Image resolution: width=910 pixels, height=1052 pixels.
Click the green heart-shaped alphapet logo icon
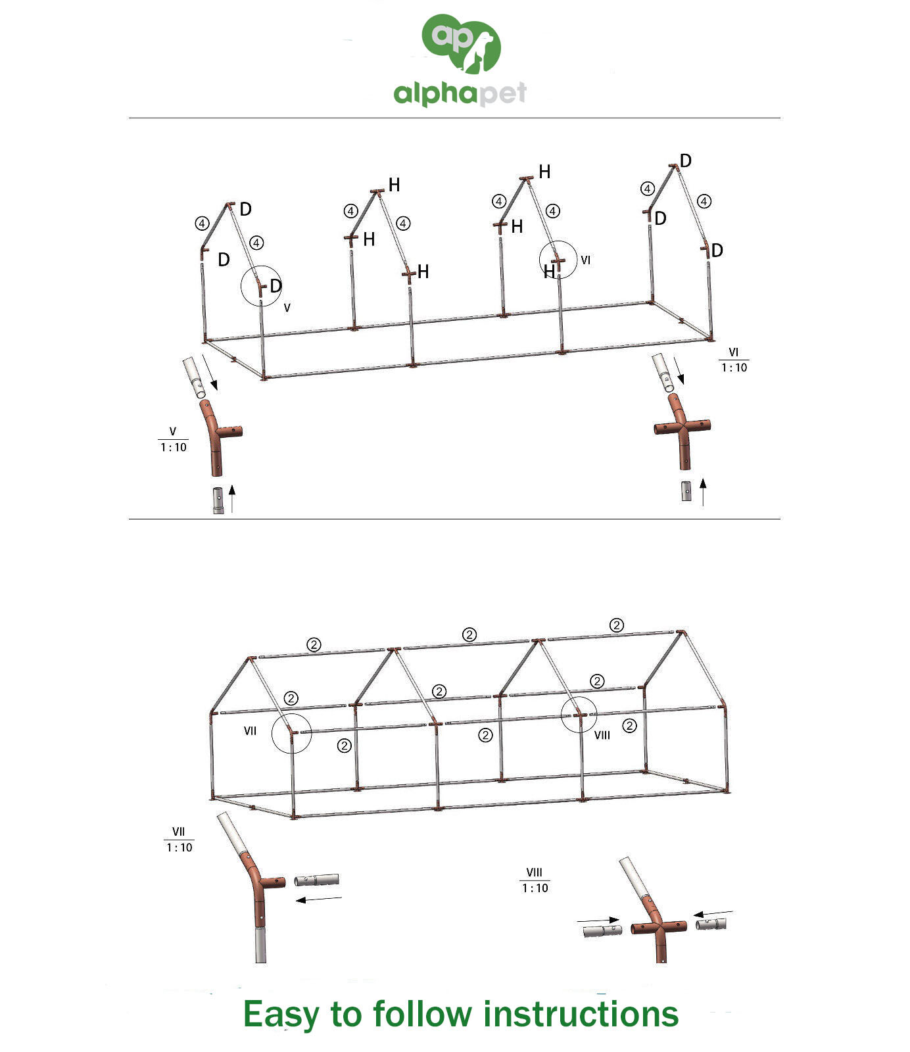pos(462,43)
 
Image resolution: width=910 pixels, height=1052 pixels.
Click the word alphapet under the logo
pos(460,93)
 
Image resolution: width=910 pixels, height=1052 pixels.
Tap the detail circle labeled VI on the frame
pos(540,260)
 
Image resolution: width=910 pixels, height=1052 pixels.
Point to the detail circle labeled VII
pos(272,733)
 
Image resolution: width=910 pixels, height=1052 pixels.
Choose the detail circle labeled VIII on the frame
pos(562,714)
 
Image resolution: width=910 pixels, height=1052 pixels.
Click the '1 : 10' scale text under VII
pos(180,848)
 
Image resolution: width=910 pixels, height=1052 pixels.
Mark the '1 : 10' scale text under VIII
pos(535,888)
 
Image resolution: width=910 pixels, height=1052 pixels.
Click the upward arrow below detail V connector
pos(232,498)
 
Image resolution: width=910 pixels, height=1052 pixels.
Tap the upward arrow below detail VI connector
pos(703,492)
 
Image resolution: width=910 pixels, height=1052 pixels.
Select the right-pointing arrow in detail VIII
pos(598,920)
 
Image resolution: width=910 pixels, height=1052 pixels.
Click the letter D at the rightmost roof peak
pos(686,161)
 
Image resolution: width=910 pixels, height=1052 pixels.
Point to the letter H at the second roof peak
pos(394,185)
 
